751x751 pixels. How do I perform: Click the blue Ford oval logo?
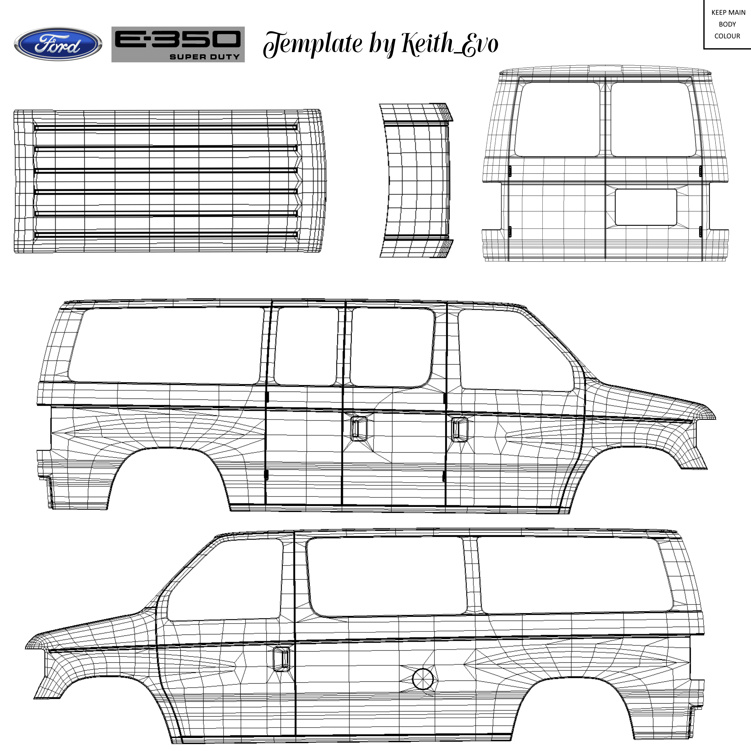pos(58,44)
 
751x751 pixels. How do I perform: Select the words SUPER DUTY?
pos(204,57)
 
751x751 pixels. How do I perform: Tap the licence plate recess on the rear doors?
pos(646,207)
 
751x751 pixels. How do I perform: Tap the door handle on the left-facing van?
pos(281,658)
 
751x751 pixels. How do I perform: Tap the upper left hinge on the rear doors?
pos(510,170)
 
